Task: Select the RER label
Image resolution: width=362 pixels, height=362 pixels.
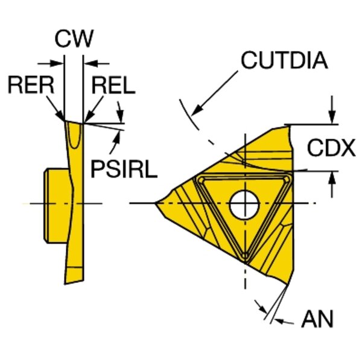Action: point(30,85)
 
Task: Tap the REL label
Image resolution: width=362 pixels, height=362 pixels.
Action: point(113,85)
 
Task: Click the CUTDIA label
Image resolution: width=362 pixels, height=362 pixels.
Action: point(284,60)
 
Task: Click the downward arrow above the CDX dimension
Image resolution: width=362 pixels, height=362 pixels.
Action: point(331,119)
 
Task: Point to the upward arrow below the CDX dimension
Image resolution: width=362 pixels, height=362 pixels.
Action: point(331,177)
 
